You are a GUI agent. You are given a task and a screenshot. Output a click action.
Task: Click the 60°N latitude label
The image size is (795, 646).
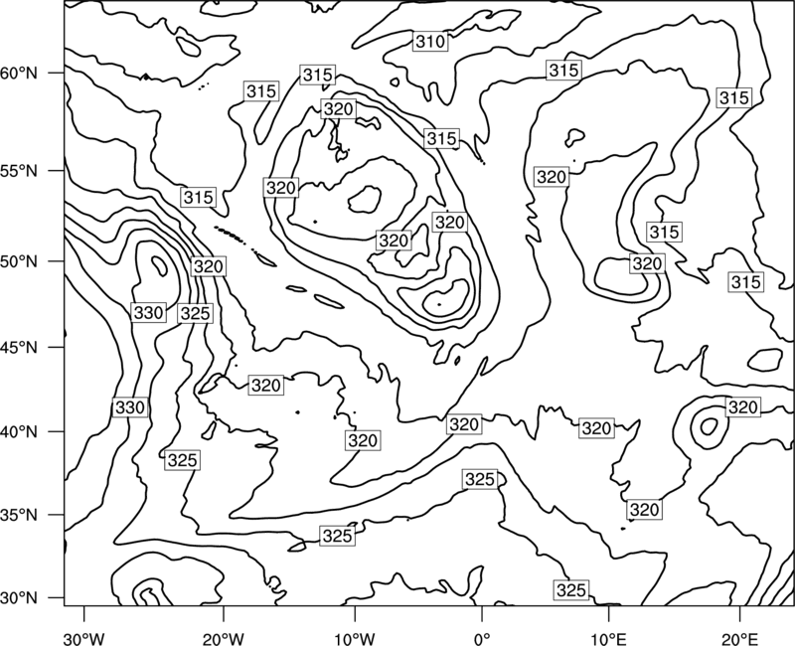tap(19, 74)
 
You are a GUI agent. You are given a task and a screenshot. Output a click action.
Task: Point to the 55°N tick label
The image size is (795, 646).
tap(19, 171)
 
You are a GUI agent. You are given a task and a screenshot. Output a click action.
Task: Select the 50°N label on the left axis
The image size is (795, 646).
tap(19, 261)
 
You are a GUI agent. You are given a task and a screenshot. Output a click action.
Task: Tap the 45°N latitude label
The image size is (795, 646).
tap(19, 348)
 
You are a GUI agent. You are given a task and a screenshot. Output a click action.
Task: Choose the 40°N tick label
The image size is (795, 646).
tap(19, 432)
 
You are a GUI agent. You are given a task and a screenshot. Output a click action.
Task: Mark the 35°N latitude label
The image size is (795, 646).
tap(19, 515)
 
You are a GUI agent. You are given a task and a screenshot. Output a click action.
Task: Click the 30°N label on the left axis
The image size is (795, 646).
tap(19, 598)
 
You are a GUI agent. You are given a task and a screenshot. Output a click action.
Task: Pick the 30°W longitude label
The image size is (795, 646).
tap(84, 639)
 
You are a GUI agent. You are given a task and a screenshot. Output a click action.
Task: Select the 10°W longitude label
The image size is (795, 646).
tap(355, 639)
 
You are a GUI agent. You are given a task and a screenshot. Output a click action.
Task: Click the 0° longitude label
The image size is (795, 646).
tap(482, 639)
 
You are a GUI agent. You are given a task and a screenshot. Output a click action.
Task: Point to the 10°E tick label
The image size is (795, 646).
tap(608, 639)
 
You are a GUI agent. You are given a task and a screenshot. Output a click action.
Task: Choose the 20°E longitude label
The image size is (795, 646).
tap(740, 639)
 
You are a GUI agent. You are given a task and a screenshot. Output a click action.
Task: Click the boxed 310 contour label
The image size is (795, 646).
tap(430, 42)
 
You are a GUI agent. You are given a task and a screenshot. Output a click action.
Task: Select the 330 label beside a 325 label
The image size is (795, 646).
tap(148, 313)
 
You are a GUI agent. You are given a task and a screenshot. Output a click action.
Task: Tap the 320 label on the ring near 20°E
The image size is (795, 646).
tap(742, 407)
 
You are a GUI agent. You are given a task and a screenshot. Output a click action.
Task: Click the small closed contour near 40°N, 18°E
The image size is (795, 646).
tap(710, 426)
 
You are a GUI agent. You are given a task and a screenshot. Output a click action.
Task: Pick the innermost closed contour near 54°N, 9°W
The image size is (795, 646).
tap(365, 200)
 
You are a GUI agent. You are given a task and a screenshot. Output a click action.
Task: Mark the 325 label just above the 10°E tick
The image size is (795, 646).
tap(571, 590)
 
